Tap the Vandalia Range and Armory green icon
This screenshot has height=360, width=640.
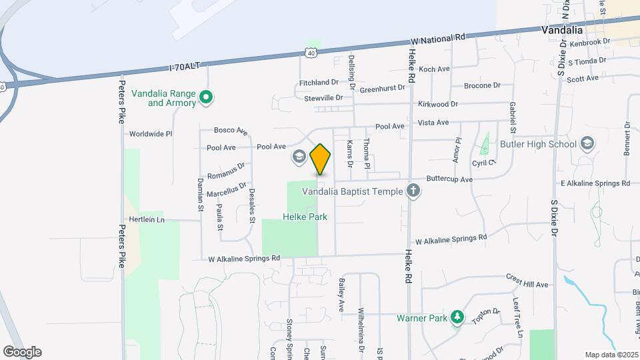pyautogui.click(x=207, y=98)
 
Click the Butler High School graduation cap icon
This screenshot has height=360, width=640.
pyautogui.click(x=587, y=144)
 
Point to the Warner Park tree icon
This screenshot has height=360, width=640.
pyautogui.click(x=457, y=318)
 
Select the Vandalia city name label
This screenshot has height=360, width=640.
pyautogui.click(x=562, y=30)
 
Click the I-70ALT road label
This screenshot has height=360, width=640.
pyautogui.click(x=185, y=66)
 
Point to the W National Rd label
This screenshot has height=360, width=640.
pyautogui.click(x=438, y=39)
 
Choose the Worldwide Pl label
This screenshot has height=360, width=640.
pyautogui.click(x=151, y=133)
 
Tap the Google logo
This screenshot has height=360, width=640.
pyautogui.click(x=22, y=352)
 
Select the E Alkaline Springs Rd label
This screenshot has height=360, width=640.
pyautogui.click(x=597, y=183)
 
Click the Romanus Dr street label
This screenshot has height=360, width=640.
pyautogui.click(x=225, y=171)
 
